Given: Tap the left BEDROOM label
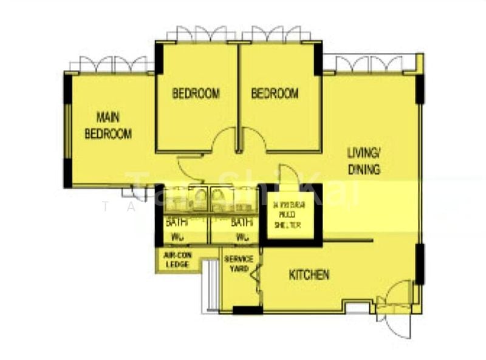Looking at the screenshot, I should [x=196, y=93].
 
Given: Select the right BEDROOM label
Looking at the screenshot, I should [x=275, y=93].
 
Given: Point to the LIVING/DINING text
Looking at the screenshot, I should [x=364, y=161].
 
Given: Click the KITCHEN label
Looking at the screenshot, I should [x=309, y=275].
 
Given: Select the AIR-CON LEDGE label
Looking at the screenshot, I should [x=177, y=260].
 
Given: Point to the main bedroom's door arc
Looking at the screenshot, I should [x=189, y=165].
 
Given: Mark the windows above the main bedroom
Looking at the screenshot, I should [x=109, y=64].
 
